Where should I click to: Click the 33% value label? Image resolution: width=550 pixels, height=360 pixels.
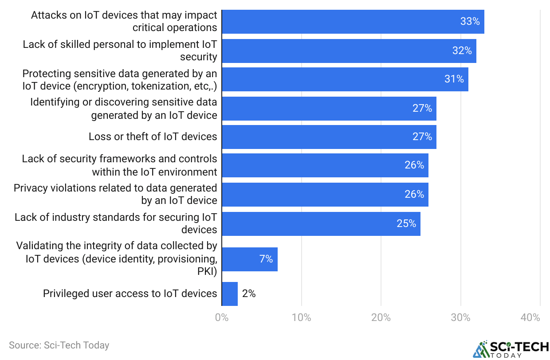470,21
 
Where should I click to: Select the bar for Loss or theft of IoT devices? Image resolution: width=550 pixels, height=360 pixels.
329,137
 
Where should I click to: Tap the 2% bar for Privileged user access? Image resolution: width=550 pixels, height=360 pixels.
230,293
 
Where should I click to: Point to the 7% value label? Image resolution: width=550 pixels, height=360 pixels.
266,259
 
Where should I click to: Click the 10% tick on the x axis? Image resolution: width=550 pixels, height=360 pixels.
301,317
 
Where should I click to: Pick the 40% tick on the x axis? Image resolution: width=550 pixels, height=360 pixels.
530,317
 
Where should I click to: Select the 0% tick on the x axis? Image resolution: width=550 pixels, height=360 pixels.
222,317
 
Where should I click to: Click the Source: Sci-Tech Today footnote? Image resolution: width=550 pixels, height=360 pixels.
59,345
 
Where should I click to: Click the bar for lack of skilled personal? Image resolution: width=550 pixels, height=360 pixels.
349,51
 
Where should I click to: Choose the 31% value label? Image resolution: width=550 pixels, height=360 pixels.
454,79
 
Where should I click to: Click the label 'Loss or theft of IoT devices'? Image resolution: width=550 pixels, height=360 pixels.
153,137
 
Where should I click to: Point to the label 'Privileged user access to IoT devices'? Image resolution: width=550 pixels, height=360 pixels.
130,293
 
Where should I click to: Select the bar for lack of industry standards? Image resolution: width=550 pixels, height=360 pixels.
321,223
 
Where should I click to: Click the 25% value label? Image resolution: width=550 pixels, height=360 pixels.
406,223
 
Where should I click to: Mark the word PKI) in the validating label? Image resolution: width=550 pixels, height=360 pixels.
207,271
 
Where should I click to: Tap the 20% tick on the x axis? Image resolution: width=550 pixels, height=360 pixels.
381,317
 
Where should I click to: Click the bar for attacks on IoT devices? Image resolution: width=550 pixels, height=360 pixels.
353,21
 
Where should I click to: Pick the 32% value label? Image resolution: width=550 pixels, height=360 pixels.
462,51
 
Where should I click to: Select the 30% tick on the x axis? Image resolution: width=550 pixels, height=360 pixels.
460,317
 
